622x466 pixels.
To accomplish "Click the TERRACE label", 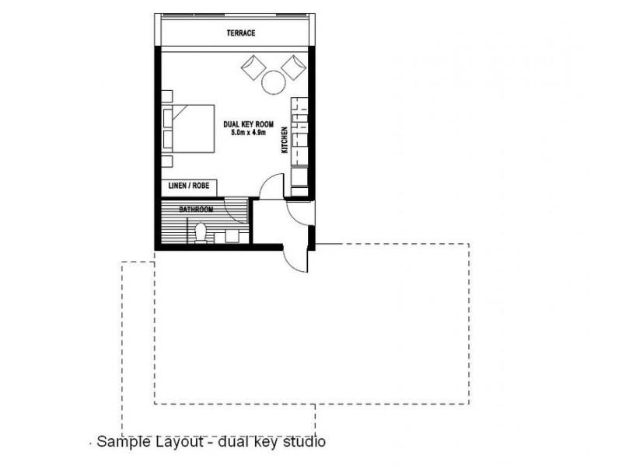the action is pyautogui.click(x=241, y=33).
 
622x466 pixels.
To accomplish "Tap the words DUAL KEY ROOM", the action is pyautogui.click(x=248, y=124).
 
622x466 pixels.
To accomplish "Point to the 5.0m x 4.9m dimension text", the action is pyautogui.click(x=248, y=132).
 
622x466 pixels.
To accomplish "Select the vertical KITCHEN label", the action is pyautogui.click(x=285, y=140).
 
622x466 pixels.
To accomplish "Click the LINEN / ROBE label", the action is pyautogui.click(x=189, y=186).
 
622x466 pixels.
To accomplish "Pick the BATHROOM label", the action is pyautogui.click(x=196, y=209).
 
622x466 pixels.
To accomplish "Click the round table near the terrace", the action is pyautogui.click(x=274, y=82).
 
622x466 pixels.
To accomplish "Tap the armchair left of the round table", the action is pyautogui.click(x=253, y=68).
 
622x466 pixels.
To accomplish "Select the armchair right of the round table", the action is pyautogui.click(x=294, y=68).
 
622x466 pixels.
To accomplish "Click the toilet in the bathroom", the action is pyautogui.click(x=201, y=233).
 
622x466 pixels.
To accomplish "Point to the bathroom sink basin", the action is pyautogui.click(x=232, y=236).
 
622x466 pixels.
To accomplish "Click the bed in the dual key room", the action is pyautogui.click(x=188, y=129).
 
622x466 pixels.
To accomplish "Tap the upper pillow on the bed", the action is pyautogui.click(x=168, y=118).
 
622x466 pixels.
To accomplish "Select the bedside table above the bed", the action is pyautogui.click(x=167, y=96).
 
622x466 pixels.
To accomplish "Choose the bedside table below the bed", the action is pyautogui.click(x=167, y=162).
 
